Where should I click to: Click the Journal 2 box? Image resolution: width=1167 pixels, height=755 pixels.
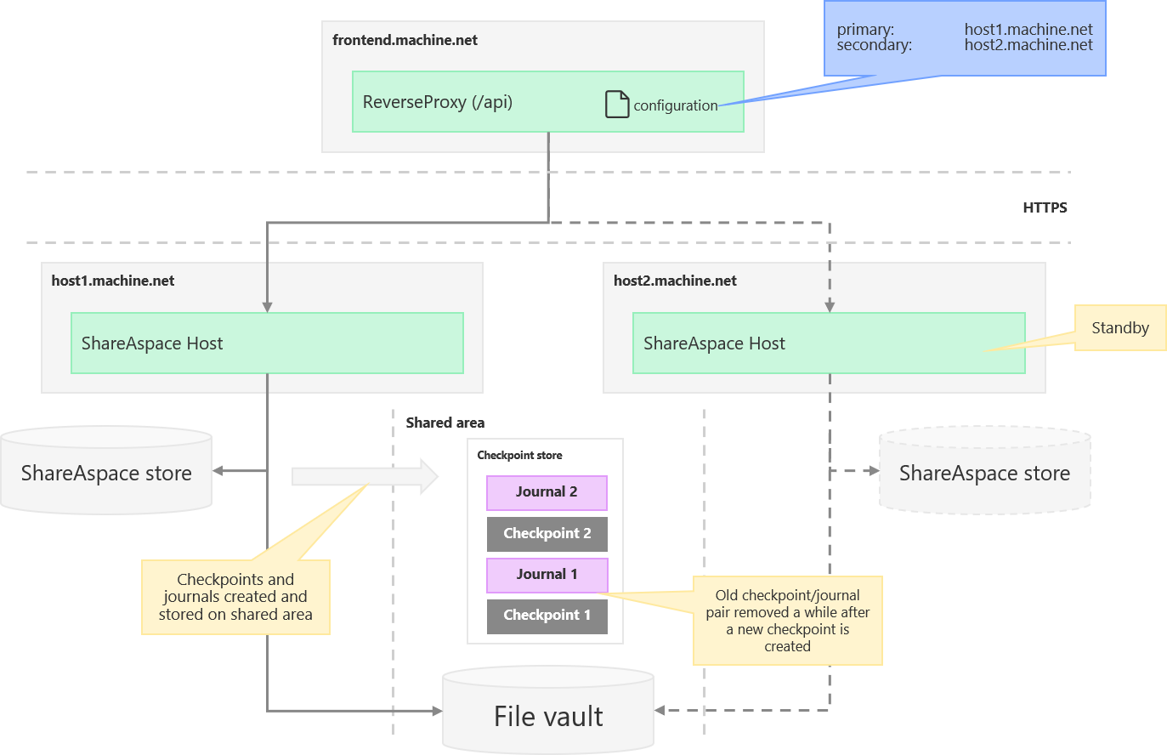[547, 492]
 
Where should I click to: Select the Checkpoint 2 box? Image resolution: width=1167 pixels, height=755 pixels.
[547, 534]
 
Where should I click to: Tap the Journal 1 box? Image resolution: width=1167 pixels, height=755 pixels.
[547, 575]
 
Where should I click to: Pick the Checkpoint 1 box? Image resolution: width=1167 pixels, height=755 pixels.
[547, 616]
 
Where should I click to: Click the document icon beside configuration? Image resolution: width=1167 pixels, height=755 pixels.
[617, 104]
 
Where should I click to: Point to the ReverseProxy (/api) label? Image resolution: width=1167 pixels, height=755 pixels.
[437, 102]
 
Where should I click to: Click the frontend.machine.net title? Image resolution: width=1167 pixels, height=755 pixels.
[405, 40]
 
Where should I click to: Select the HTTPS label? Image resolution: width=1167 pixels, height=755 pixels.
[1045, 207]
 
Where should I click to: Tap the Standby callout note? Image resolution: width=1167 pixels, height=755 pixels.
[1119, 328]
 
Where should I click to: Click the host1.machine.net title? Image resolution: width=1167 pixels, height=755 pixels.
[113, 281]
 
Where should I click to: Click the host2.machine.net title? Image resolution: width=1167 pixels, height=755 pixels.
[675, 281]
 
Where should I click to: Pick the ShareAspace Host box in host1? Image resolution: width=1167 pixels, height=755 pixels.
[267, 343]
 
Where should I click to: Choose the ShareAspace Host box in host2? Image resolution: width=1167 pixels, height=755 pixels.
[829, 343]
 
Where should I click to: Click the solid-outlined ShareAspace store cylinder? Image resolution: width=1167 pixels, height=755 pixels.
[106, 473]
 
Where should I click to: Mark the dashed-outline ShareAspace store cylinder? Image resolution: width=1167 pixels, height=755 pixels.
[984, 473]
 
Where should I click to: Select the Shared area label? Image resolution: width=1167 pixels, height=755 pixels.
[445, 423]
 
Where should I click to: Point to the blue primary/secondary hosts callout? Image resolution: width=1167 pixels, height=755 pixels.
[965, 38]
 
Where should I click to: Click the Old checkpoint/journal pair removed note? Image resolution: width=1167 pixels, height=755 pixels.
[787, 621]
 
